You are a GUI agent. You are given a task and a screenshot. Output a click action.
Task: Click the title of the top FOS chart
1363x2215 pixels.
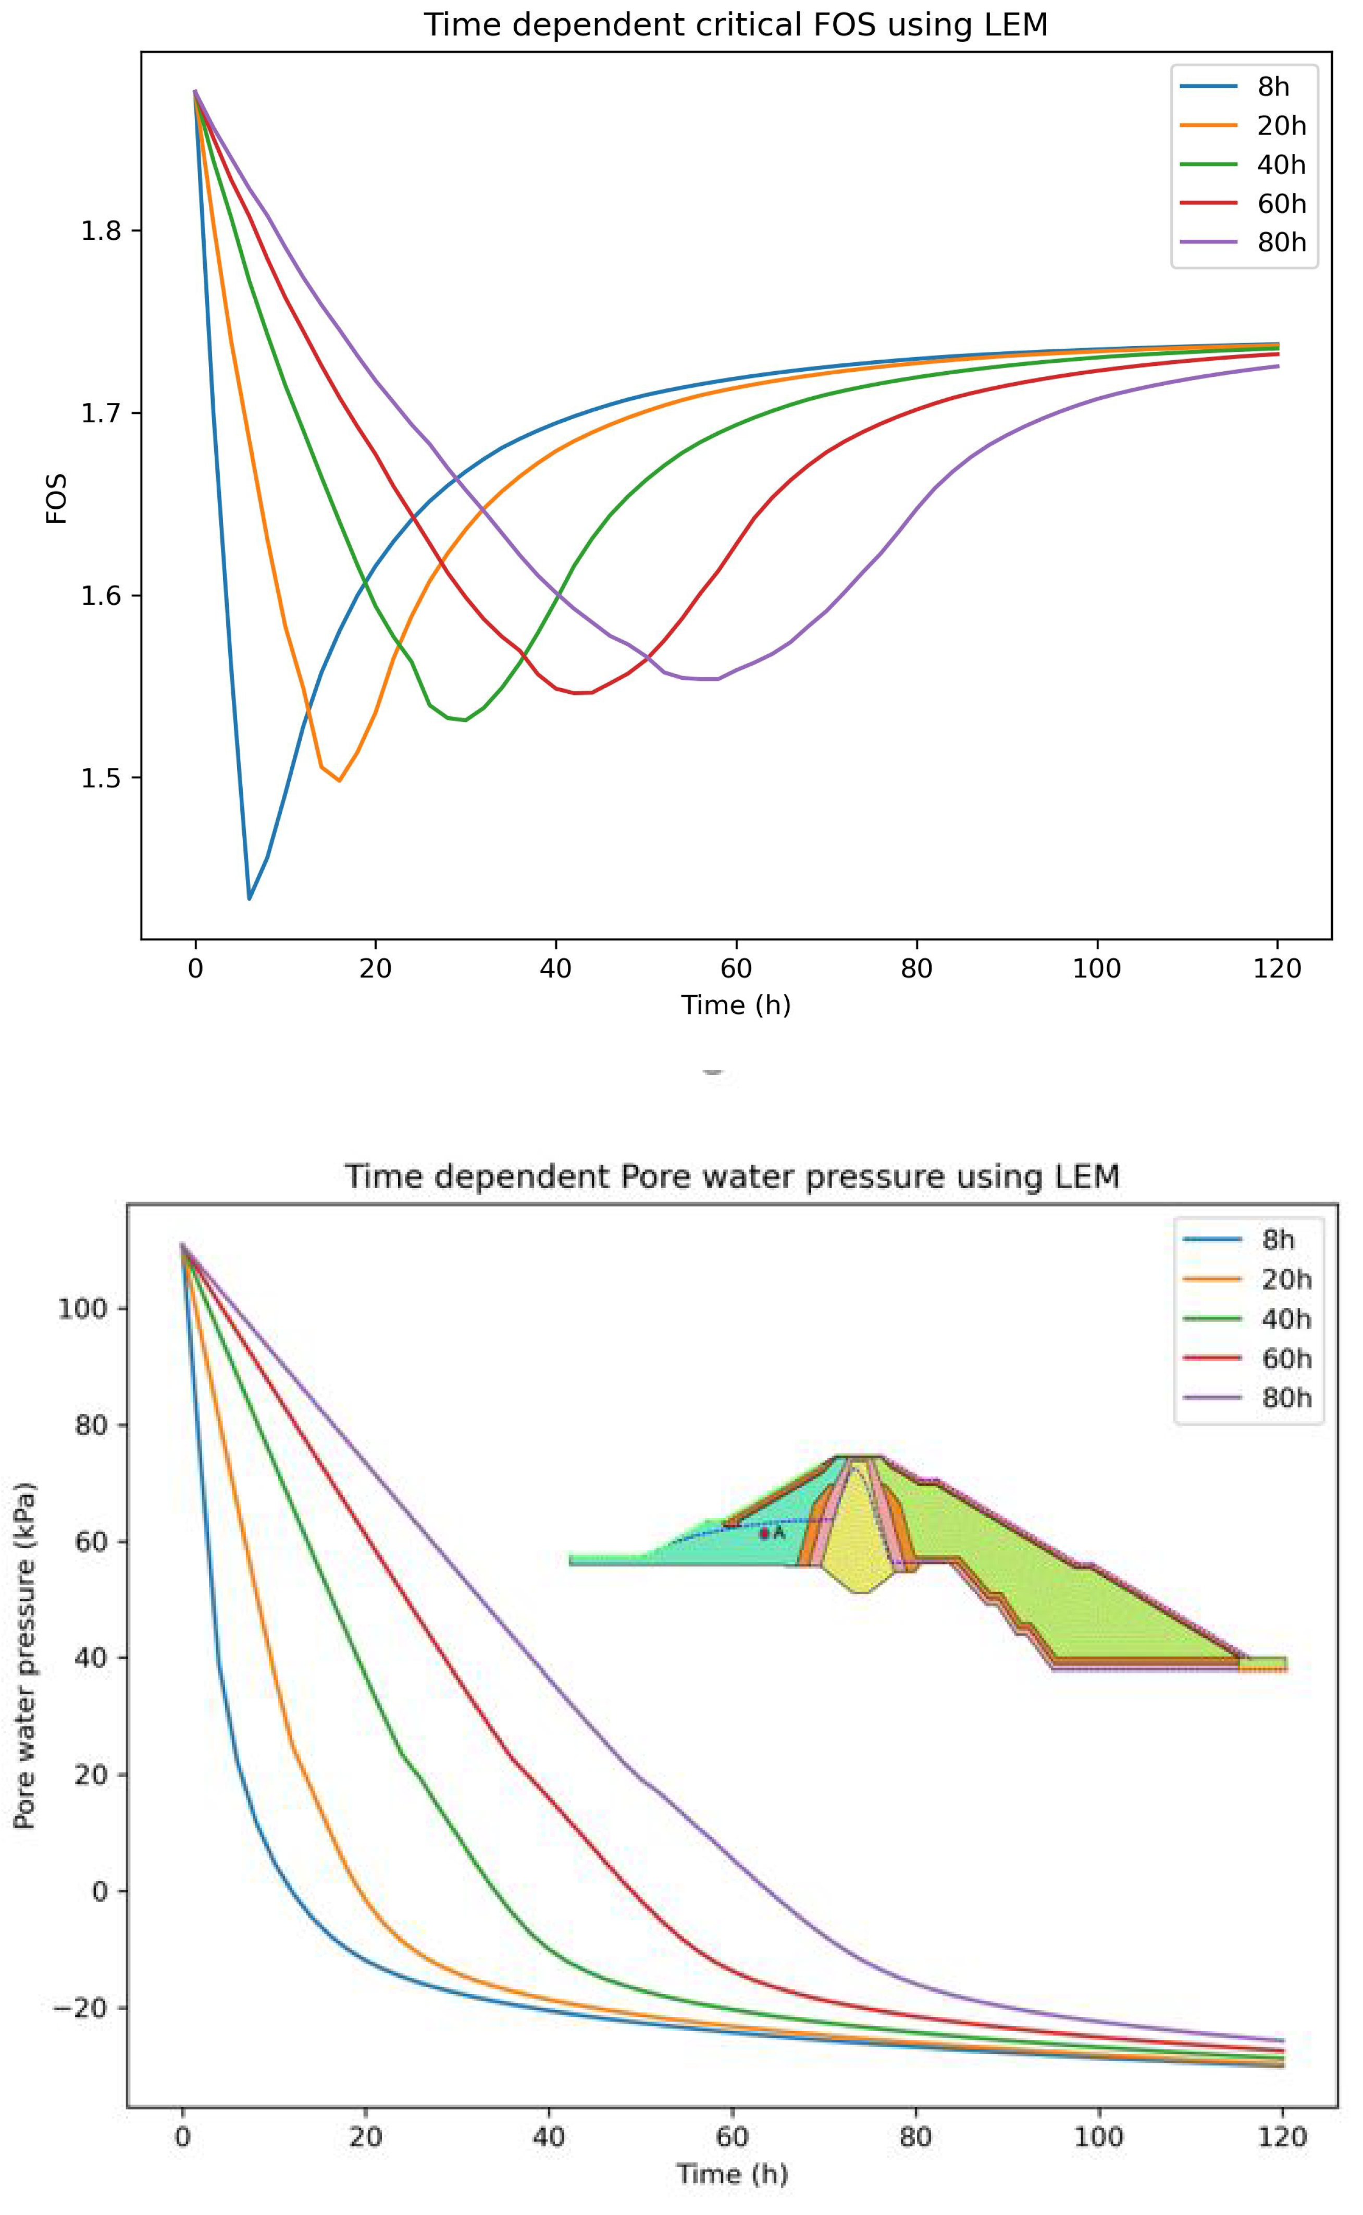click(x=736, y=25)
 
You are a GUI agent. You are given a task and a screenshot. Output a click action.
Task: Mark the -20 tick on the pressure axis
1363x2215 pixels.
click(x=81, y=2009)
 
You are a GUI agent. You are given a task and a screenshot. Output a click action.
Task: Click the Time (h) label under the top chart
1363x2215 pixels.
click(x=736, y=1005)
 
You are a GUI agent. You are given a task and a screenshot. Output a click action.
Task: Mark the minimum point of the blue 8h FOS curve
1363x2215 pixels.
click(x=250, y=898)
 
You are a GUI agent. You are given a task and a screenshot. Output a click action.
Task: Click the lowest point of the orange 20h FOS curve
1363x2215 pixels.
click(x=339, y=780)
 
